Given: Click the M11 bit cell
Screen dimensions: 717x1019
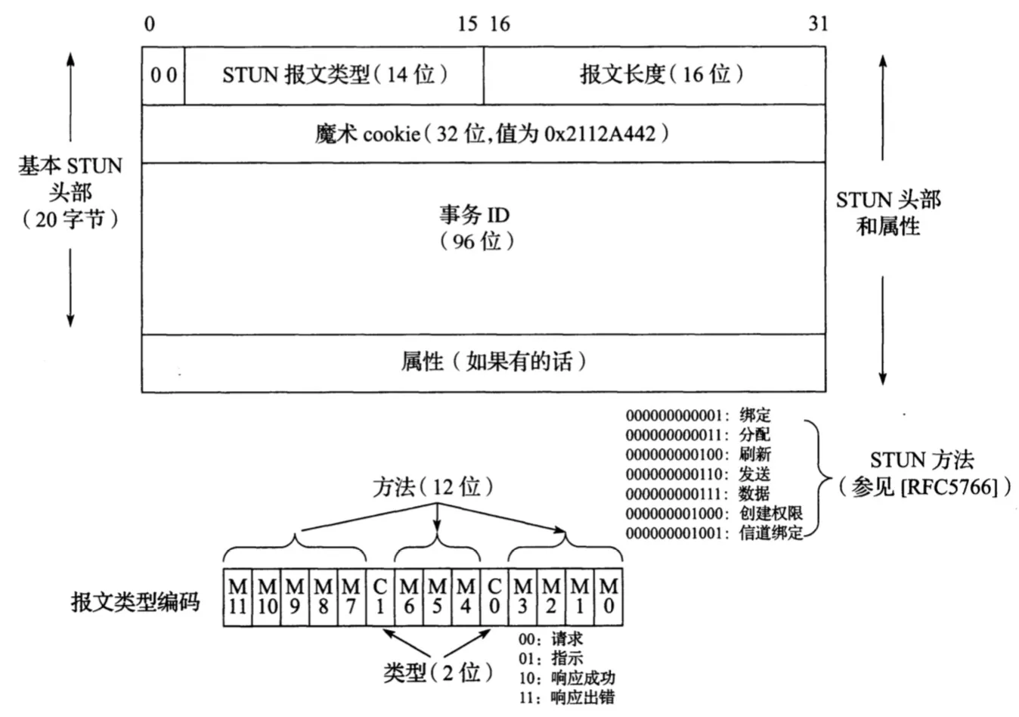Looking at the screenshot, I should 237,597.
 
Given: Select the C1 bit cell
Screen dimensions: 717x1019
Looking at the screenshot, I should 380,597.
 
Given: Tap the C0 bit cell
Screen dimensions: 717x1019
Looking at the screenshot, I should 494,597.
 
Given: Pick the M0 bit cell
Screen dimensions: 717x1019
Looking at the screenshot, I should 608,597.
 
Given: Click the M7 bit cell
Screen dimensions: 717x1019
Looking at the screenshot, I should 351,597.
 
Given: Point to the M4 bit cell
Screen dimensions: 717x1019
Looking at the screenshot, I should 466,597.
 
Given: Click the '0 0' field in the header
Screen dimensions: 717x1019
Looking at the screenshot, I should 163,75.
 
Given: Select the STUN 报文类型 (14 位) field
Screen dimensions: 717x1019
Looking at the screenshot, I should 335,74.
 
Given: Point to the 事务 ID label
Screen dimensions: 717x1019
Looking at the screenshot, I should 474,215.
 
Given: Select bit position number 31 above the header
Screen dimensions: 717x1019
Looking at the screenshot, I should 818,24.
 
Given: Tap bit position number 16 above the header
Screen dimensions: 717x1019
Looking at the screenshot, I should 500,24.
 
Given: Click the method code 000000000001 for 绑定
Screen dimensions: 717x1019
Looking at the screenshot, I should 676,415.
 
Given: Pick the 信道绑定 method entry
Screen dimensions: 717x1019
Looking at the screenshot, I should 770,533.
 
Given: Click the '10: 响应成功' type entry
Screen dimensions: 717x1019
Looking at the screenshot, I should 566,678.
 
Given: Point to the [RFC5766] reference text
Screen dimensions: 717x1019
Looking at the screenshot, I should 955,486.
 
